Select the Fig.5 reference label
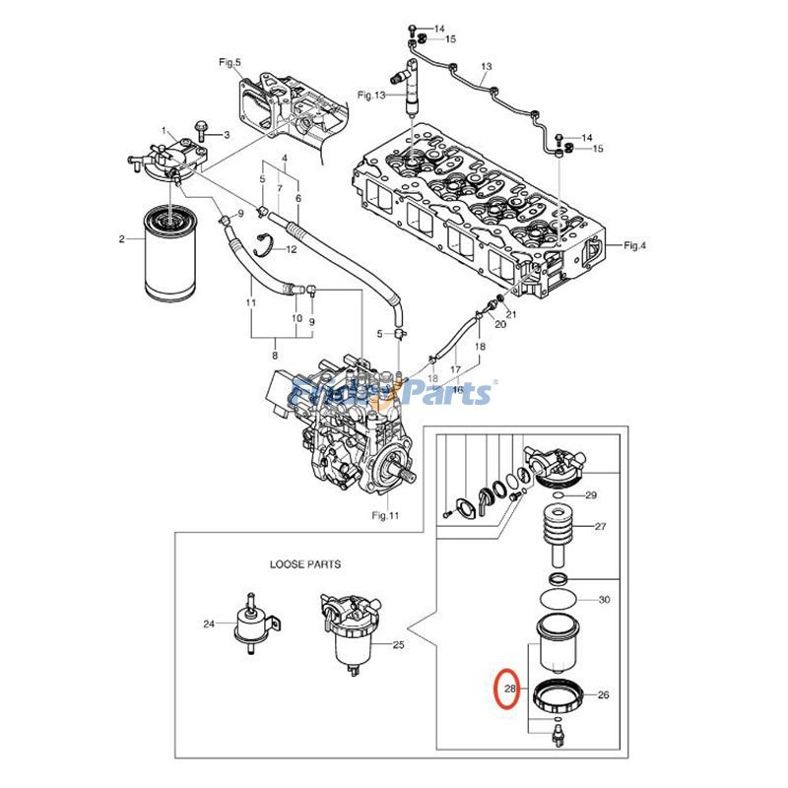pyautogui.click(x=230, y=63)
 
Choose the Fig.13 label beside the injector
pyautogui.click(x=371, y=96)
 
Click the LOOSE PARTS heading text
pyautogui.click(x=305, y=564)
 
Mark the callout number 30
pyautogui.click(x=605, y=600)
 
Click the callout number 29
pyautogui.click(x=592, y=495)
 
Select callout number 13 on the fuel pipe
pyautogui.click(x=486, y=68)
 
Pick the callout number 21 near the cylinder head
pyautogui.click(x=510, y=313)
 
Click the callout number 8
pyautogui.click(x=275, y=356)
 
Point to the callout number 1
pyautogui.click(x=167, y=132)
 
